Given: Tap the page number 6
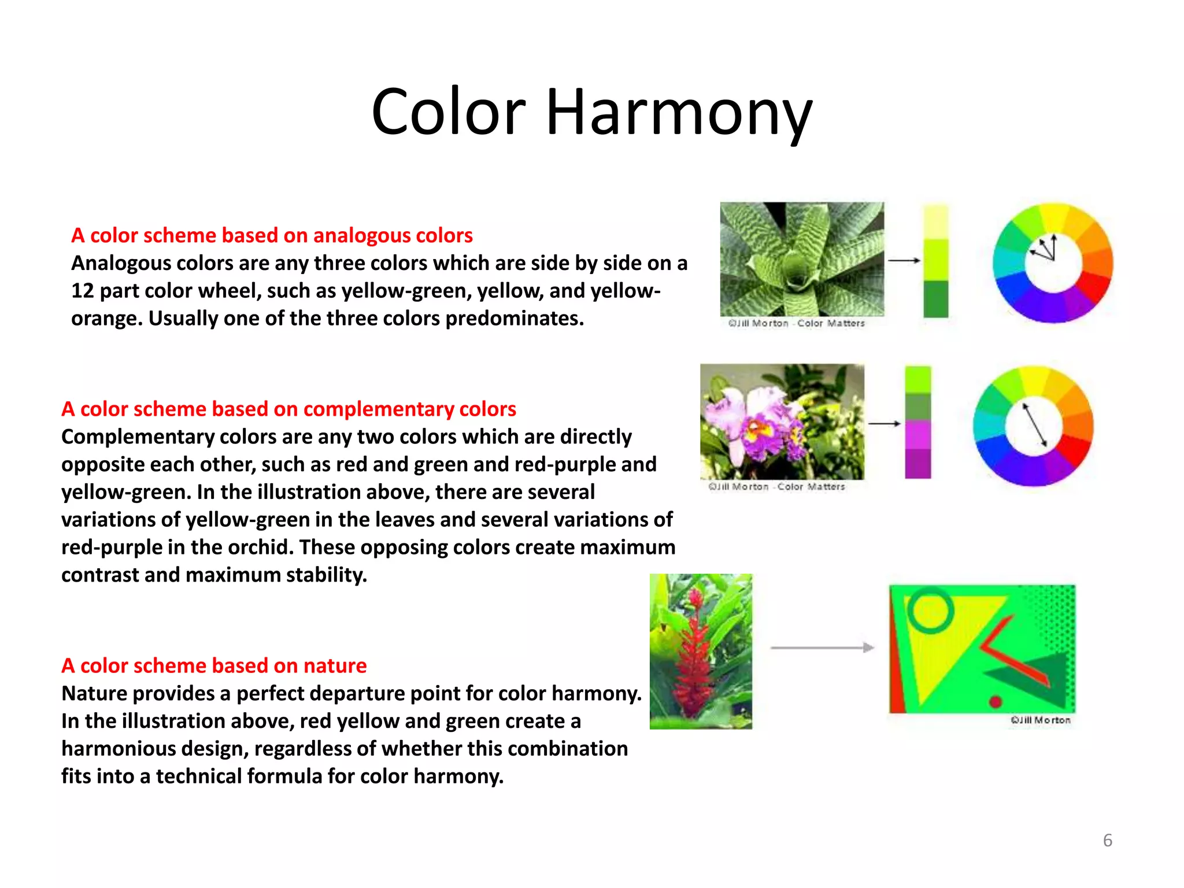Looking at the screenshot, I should (1107, 840).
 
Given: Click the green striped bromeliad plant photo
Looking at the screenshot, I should (801, 258).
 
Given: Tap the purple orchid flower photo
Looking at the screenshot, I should (782, 421).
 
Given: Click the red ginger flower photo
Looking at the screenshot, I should (701, 651).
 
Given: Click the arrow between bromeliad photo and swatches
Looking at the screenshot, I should (904, 261).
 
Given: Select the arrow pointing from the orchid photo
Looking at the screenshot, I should (884, 424).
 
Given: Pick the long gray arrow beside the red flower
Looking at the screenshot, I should (822, 647).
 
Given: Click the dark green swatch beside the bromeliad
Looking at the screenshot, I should (935, 299).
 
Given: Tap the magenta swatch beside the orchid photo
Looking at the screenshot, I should (917, 435).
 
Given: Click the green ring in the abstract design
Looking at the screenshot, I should (930, 610).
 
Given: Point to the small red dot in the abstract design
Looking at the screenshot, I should (995, 702).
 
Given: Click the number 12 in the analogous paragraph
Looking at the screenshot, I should (83, 291).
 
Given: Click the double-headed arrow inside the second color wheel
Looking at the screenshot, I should (1035, 424).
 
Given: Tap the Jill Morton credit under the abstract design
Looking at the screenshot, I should (1041, 720).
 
